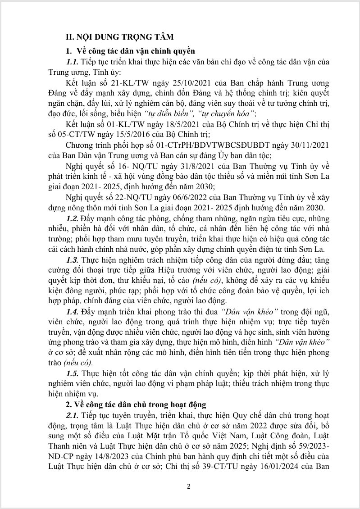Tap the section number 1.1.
coord(73,62)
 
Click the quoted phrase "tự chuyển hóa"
coord(232,114)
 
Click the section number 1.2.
coord(73,218)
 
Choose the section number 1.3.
coord(73,259)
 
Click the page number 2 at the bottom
coord(189,486)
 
